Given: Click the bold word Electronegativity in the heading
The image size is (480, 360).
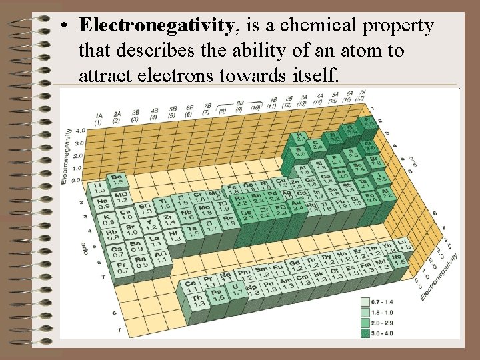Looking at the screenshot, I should point(155,27).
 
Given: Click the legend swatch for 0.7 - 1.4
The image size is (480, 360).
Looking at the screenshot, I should point(365,302).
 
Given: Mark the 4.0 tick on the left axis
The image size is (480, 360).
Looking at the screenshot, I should point(81,131).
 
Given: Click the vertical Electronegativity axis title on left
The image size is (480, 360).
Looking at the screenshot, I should point(65,155).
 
